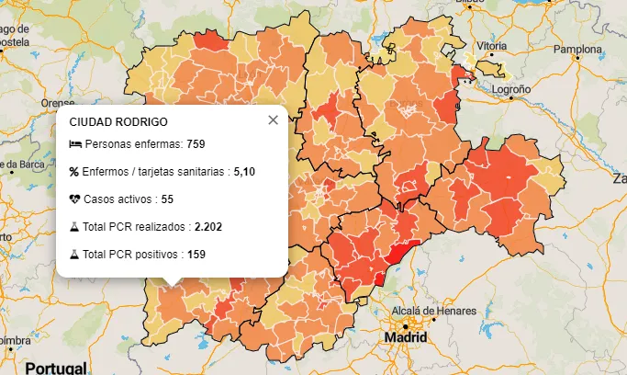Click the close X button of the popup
273,120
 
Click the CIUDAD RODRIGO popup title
118,121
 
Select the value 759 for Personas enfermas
195,145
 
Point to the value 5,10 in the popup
244,172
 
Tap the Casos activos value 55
166,199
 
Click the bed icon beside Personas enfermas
74,145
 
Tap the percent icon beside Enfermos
74,172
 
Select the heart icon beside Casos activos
74,199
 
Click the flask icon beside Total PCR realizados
74,226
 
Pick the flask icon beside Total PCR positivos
74,254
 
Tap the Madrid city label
406,337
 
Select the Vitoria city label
491,45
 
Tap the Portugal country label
55,368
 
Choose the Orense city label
57,103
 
